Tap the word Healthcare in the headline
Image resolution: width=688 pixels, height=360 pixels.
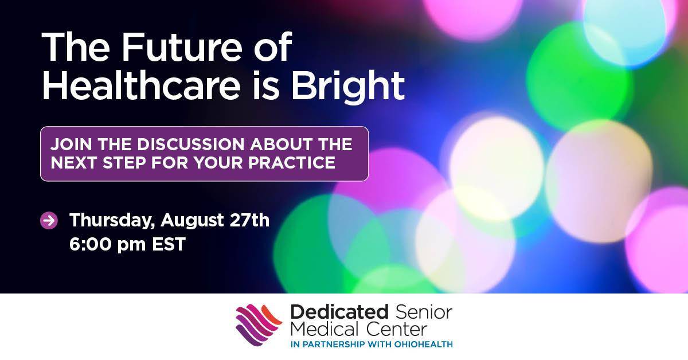pos(141,85)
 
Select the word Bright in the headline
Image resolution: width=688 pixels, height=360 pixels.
pos(348,88)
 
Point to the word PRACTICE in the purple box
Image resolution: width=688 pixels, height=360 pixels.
pos(291,162)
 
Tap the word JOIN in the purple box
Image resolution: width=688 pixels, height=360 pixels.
pos(71,144)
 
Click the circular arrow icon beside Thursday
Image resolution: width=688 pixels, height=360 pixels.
pos(49,220)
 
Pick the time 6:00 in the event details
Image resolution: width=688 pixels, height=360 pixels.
pos(91,244)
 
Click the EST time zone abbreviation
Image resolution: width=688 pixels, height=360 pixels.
pos(169,244)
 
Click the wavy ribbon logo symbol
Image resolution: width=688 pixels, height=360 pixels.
pos(259,325)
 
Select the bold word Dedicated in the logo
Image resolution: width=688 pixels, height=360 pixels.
pos(339,312)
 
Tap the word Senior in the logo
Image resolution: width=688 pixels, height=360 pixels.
pos(424,312)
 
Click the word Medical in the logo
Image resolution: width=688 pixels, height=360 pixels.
pos(325,329)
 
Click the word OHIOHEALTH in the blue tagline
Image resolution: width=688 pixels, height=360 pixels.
pos(424,345)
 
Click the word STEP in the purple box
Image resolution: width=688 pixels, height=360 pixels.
pos(124,162)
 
